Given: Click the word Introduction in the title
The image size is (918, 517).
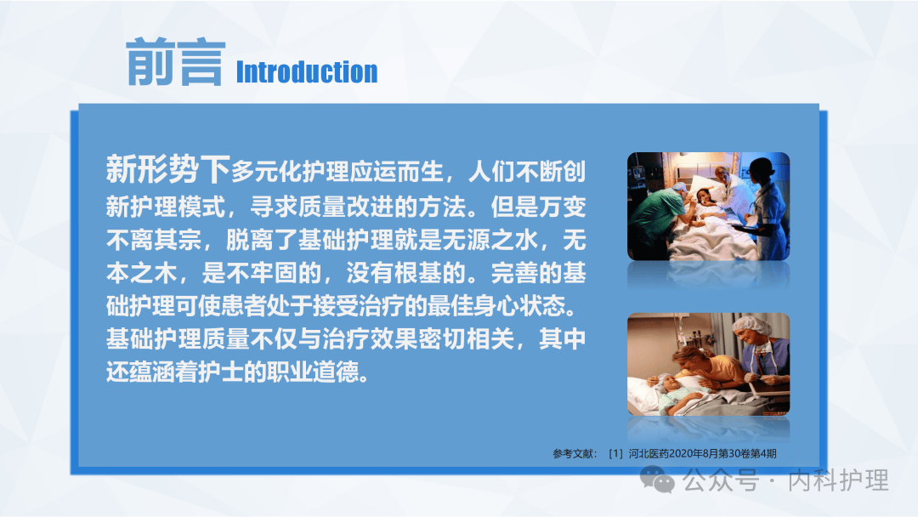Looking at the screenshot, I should (x=306, y=72).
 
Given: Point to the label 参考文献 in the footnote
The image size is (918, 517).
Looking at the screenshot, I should (x=575, y=454).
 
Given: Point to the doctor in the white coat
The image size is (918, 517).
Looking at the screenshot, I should (x=728, y=187).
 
